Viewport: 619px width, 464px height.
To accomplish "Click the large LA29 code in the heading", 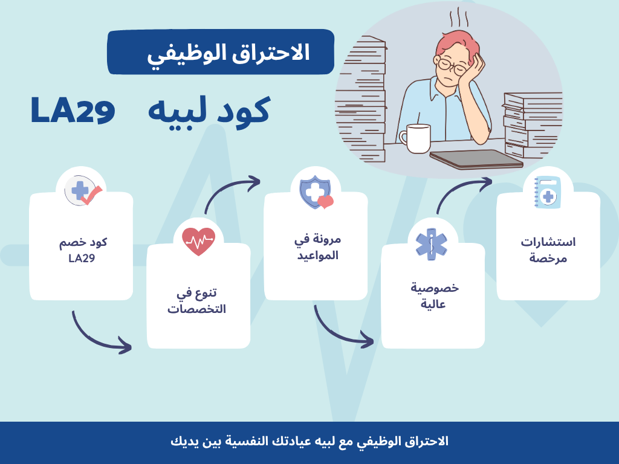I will pyautogui.click(x=73, y=110).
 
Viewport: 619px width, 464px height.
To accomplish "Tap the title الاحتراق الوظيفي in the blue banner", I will pyautogui.click(x=228, y=53).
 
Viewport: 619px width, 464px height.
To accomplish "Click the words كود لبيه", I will pyautogui.click(x=209, y=111).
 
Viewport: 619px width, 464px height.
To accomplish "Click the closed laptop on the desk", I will pyautogui.click(x=476, y=159).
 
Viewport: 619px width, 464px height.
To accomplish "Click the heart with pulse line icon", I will pyautogui.click(x=198, y=242).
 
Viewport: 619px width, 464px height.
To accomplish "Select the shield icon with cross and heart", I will pyautogui.click(x=316, y=193).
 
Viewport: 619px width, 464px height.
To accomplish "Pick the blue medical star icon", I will pyautogui.click(x=431, y=244).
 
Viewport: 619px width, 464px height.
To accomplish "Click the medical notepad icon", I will pyautogui.click(x=547, y=192).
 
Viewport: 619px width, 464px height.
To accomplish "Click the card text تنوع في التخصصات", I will pyautogui.click(x=198, y=301).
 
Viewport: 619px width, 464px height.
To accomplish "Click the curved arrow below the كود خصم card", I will pyautogui.click(x=100, y=334).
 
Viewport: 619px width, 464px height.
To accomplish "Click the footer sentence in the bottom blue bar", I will pyautogui.click(x=309, y=441).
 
